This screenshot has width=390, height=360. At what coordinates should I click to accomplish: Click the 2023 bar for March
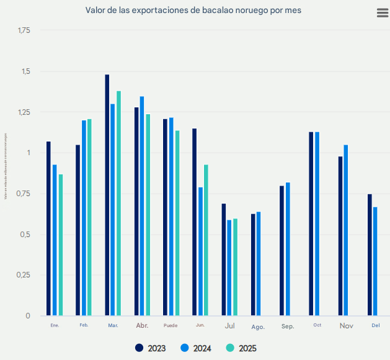(107, 195)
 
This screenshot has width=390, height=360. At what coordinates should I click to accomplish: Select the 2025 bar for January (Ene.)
(61, 245)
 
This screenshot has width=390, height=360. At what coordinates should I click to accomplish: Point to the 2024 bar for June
(201, 251)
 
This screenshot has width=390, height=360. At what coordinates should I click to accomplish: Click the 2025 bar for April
(148, 215)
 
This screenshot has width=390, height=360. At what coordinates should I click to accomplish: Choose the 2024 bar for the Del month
(375, 261)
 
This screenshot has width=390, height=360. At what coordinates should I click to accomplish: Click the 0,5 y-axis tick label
(24, 235)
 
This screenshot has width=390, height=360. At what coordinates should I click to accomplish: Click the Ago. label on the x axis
(259, 326)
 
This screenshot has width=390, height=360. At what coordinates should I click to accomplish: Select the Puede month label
(171, 326)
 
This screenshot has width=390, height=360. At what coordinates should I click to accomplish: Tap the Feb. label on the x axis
(84, 325)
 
